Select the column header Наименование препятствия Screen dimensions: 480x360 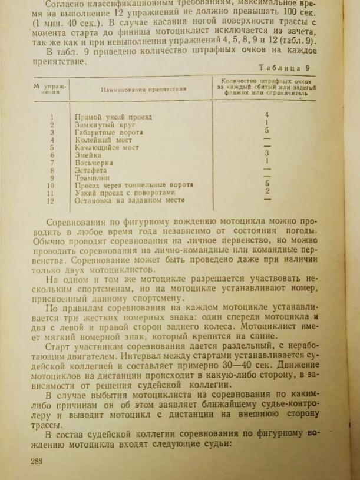tap(143, 89)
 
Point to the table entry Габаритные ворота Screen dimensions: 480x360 tap(110, 133)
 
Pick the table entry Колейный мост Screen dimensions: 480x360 tap(103, 140)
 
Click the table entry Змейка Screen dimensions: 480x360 tap(89, 155)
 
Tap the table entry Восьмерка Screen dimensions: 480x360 tap(94, 163)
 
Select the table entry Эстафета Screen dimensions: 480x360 tap(92, 170)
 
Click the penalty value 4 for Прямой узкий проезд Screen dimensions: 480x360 tap(267, 114)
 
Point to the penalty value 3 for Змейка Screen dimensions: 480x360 tap(267, 153)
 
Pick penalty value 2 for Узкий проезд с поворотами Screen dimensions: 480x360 tap(267, 191)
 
